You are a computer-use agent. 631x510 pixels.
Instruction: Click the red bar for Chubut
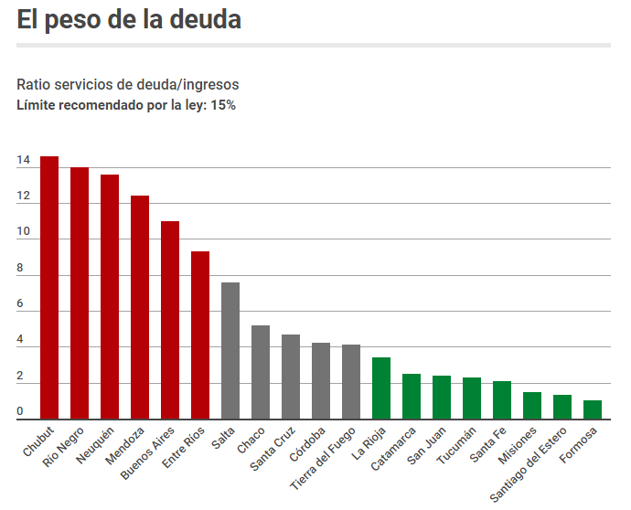[49, 288]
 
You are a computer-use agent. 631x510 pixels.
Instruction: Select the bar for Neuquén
[110, 297]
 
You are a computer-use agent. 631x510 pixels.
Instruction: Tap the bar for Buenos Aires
[170, 320]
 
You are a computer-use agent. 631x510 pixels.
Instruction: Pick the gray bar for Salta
[230, 351]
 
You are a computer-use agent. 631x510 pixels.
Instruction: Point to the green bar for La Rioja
[381, 388]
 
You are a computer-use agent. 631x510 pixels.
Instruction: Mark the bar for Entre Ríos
[200, 335]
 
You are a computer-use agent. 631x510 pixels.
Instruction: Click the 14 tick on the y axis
[23, 161]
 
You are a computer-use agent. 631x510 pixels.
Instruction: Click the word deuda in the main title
[205, 20]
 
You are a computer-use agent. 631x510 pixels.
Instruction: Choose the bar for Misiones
[532, 405]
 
